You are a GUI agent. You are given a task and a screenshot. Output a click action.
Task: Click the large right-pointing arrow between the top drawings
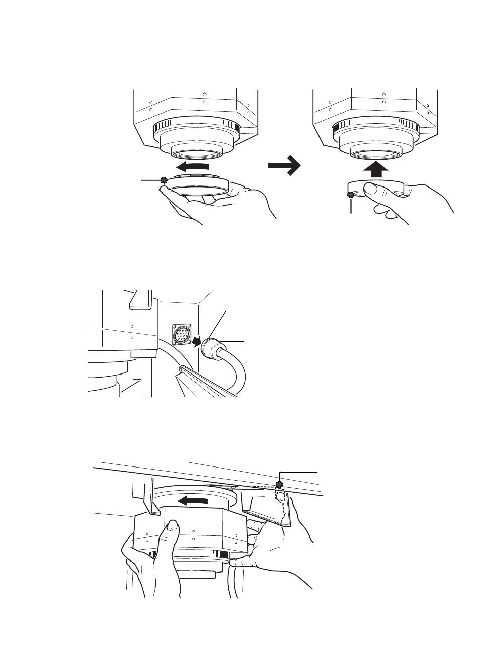tap(284, 165)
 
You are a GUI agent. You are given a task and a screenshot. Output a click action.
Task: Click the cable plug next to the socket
tap(210, 348)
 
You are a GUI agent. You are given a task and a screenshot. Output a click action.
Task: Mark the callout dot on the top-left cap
tap(163, 180)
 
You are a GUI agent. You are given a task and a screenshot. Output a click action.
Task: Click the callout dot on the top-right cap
tap(351, 195)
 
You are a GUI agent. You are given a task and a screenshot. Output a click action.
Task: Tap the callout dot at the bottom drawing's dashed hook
tap(280, 484)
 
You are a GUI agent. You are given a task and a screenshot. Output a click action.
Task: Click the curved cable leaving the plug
tap(237, 369)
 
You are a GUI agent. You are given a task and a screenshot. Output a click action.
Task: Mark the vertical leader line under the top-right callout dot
tap(351, 206)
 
